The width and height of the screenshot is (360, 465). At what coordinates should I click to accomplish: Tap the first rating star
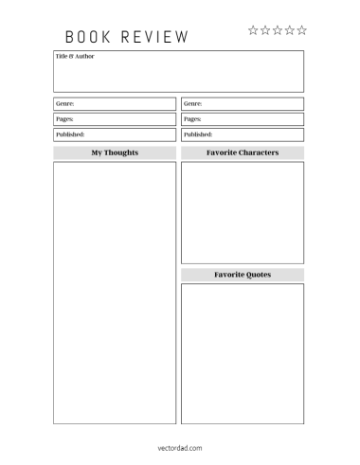253,30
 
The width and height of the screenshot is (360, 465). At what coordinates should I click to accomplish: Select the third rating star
278,30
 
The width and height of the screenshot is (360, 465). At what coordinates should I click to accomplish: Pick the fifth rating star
302,30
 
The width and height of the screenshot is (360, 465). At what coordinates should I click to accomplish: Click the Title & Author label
75,57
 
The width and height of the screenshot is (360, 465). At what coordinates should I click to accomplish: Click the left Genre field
115,103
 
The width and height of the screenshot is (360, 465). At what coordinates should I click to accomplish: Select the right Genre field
243,103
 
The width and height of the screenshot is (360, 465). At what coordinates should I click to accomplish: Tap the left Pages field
115,119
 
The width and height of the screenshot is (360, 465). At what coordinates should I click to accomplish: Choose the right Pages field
243,119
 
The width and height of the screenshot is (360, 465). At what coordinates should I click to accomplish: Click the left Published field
115,134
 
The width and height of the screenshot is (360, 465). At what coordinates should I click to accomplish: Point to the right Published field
243,134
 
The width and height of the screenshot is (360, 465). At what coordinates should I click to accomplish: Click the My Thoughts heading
115,152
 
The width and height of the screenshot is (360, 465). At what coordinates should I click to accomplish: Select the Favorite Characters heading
243,152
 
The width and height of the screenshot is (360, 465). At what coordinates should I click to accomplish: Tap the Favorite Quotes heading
243,275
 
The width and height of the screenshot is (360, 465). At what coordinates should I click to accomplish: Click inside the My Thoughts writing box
115,293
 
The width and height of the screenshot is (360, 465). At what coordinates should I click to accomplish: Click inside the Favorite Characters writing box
243,212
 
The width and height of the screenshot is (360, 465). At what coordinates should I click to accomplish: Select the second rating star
265,30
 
